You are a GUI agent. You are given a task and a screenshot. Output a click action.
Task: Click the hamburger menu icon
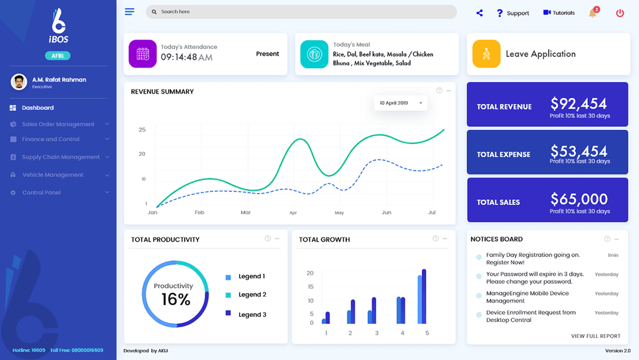pos(130,12)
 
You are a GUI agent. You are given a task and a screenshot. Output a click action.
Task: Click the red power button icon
pos(620,13)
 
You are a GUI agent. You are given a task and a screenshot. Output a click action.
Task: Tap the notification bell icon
pos(592,13)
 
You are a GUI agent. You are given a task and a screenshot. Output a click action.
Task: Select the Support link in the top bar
pos(512,13)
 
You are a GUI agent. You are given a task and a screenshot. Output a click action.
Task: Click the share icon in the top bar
pos(479,13)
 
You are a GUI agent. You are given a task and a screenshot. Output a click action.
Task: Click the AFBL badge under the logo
pos(58,56)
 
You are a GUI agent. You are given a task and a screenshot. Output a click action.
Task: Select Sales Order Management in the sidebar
pos(58,124)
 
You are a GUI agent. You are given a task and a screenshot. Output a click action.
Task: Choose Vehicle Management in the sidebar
pos(53,175)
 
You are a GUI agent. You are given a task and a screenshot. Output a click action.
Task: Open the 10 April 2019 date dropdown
pos(401,103)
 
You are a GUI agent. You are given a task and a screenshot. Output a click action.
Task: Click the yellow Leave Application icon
pos(486,54)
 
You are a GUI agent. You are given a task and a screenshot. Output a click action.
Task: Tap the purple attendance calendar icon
pos(143,54)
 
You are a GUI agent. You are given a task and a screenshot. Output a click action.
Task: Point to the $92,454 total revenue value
pos(579,104)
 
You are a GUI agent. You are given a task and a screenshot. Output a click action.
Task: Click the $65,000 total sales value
pos(579,199)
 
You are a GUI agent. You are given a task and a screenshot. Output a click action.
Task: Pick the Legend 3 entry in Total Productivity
pos(252,314)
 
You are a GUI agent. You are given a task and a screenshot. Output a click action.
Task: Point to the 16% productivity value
pos(176,300)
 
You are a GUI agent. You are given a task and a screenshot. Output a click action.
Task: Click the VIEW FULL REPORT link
pos(595,336)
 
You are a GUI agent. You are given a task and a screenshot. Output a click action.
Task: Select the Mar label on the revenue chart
pos(246,212)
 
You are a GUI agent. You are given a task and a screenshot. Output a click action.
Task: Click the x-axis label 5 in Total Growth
pos(427,333)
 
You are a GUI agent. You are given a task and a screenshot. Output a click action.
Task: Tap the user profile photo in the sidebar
pos(19,82)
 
